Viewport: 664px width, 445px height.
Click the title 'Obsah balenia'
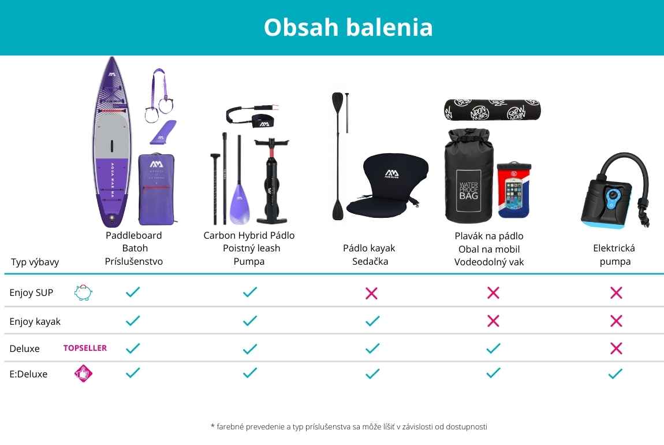[x=348, y=27]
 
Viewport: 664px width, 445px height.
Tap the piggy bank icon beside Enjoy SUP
[x=83, y=292]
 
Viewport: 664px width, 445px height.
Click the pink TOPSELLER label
[x=85, y=348]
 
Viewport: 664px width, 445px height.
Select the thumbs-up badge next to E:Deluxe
[x=83, y=373]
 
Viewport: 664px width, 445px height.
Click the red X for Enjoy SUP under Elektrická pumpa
[x=616, y=292]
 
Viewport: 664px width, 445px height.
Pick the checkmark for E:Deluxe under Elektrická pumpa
[x=615, y=373]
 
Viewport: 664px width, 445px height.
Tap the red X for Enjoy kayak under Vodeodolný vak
[x=493, y=321]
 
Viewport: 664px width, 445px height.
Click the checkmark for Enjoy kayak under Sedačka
[x=372, y=321]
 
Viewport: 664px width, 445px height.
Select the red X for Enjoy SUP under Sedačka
[x=371, y=293]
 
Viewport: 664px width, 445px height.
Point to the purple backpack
[x=156, y=189]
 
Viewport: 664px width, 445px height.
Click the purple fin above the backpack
[x=163, y=132]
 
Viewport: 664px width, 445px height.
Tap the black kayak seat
[x=387, y=184]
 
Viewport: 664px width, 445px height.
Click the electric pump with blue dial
[x=615, y=190]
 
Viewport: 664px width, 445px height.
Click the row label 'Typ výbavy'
[x=35, y=262]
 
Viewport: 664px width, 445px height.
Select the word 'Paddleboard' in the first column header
[x=134, y=235]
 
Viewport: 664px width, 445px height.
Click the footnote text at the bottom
[x=349, y=427]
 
